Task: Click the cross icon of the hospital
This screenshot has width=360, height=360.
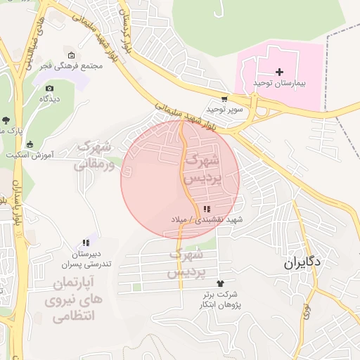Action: [x=280, y=72]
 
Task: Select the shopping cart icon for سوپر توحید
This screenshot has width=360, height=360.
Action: [x=224, y=99]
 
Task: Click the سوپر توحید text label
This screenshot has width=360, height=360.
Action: [x=224, y=110]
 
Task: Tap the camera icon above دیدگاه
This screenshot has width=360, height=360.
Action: [x=49, y=88]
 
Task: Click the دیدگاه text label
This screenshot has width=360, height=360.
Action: [x=49, y=98]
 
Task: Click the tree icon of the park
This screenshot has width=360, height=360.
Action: [x=6, y=120]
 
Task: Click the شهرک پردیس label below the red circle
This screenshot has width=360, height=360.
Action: [x=188, y=261]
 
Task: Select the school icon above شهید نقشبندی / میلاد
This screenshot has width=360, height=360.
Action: [x=207, y=209]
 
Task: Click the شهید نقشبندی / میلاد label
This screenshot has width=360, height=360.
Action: [x=207, y=219]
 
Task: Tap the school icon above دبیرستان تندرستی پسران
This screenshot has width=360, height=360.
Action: [x=85, y=242]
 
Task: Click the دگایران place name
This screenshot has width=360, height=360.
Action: [x=302, y=263]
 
